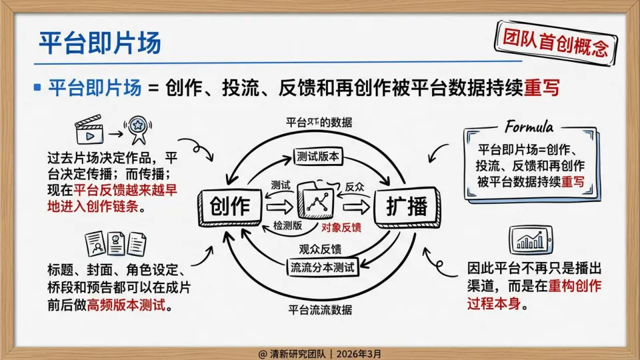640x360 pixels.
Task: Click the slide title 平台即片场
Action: pos(99,44)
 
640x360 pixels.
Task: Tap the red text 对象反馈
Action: pos(341,228)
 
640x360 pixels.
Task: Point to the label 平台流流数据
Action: pos(320,310)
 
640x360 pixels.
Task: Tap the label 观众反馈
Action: pos(321,250)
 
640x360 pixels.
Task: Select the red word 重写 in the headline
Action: pos(542,88)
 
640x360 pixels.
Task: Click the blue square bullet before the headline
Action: pos(37,87)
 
